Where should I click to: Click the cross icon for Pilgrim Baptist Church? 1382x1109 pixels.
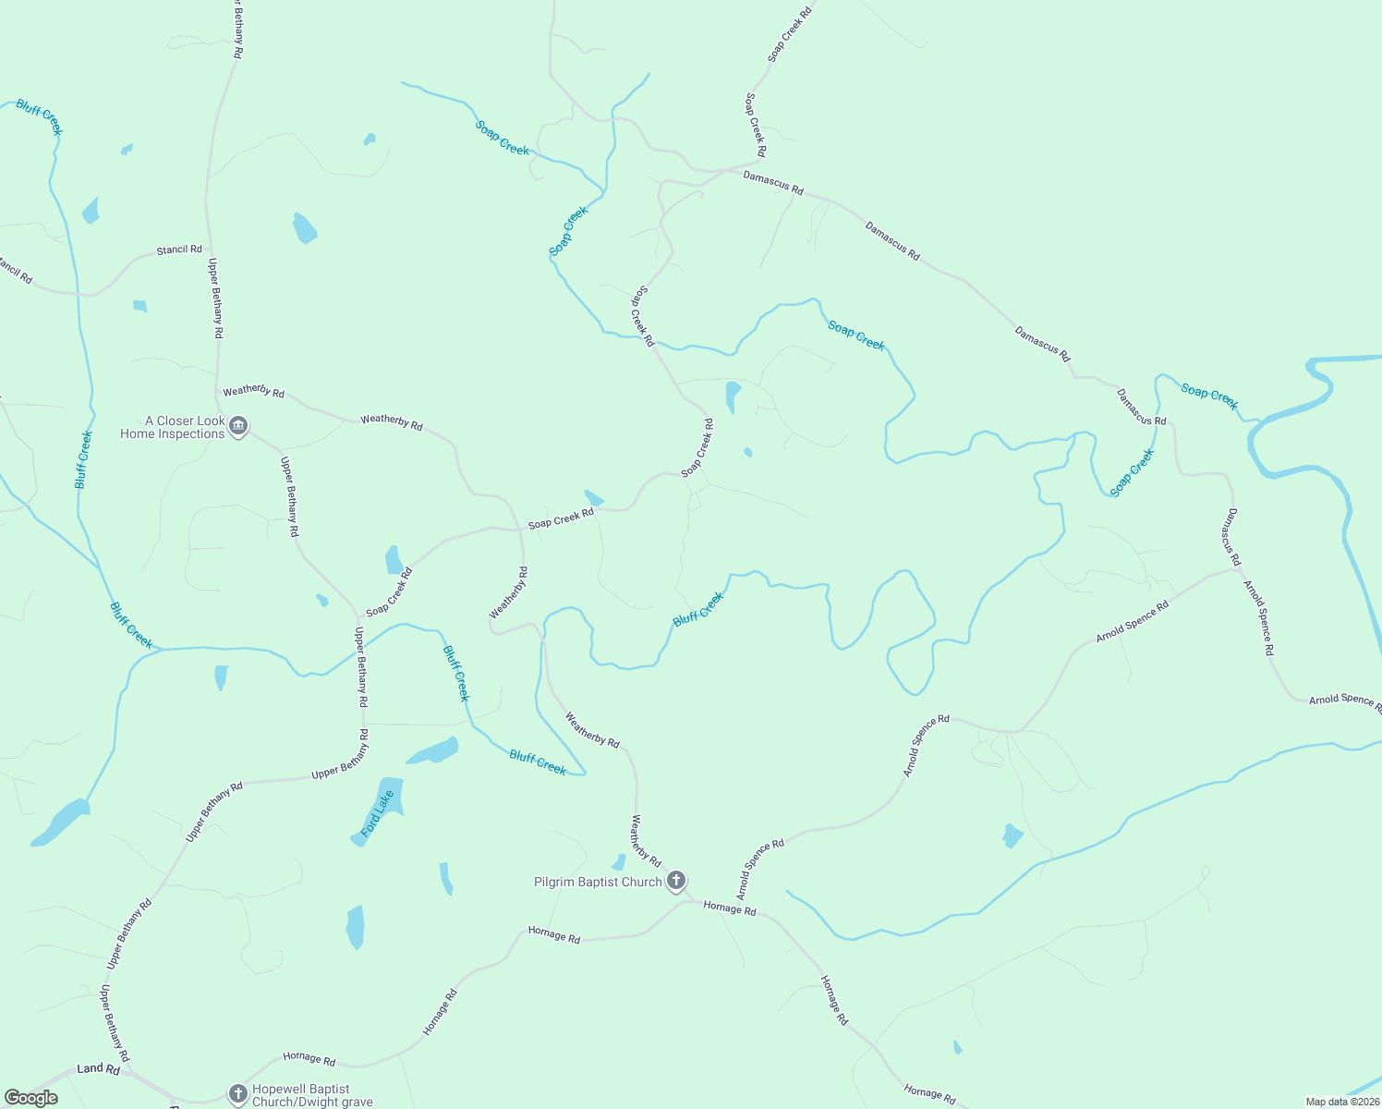[676, 881]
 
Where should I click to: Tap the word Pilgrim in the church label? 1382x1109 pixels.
[553, 883]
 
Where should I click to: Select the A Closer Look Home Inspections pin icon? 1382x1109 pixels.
[238, 425]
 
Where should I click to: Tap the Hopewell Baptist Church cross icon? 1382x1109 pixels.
[237, 1094]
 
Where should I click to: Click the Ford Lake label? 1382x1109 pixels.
[378, 813]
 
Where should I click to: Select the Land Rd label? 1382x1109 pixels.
[98, 1069]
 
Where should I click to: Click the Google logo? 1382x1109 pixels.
[31, 1098]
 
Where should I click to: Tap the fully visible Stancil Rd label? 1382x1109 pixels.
[179, 250]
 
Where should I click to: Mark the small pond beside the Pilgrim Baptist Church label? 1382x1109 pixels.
[619, 862]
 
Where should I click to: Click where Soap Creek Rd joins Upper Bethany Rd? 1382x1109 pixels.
[358, 617]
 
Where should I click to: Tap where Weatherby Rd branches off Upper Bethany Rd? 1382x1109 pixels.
[217, 391]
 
